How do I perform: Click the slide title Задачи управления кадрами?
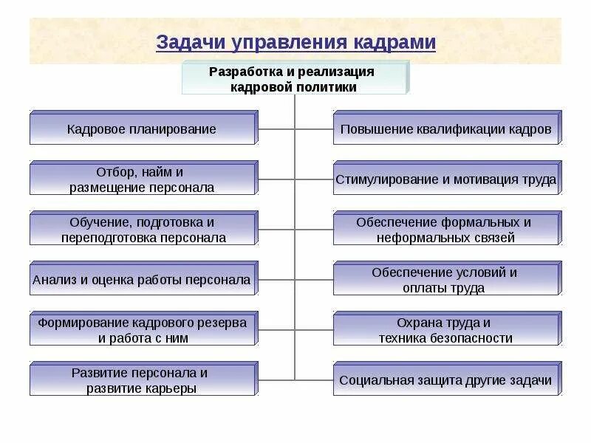click(295, 42)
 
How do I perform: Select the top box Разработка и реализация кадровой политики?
click(293, 79)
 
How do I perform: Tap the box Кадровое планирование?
click(142, 129)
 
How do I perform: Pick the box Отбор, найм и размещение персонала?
click(142, 179)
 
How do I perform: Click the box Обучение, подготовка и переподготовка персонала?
click(142, 230)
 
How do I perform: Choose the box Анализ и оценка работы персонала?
click(142, 280)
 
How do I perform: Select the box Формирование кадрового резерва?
click(142, 330)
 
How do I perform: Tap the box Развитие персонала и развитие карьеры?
click(142, 380)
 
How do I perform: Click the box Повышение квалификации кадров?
click(445, 129)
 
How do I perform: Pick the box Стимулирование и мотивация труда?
click(445, 179)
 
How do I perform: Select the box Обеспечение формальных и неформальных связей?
click(445, 230)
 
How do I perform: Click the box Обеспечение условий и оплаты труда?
click(445, 280)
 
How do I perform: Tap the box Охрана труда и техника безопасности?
click(445, 330)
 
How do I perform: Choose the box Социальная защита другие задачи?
click(445, 380)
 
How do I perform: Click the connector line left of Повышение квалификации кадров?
click(314, 129)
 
